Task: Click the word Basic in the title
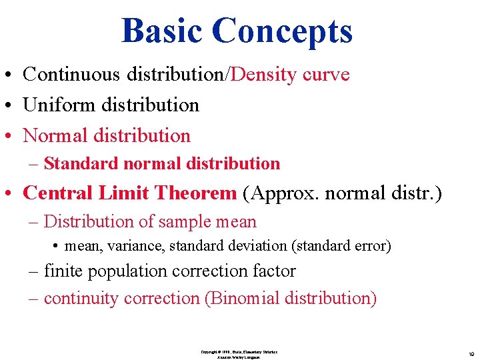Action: coord(162,31)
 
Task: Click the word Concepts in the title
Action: coord(282,31)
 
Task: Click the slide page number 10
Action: coord(471,353)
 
